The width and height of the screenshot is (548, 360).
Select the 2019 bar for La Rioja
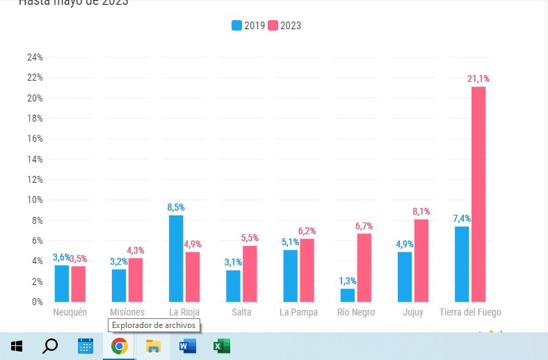click(x=176, y=259)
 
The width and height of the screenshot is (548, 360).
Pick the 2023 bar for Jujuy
click(x=420, y=261)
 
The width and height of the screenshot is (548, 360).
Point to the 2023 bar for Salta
click(x=250, y=274)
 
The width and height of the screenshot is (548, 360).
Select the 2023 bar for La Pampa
click(x=307, y=270)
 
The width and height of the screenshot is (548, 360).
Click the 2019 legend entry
click(x=248, y=26)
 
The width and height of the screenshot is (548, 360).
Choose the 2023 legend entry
click(x=284, y=26)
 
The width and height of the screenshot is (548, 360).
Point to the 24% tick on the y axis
click(x=35, y=57)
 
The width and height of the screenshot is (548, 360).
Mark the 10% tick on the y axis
click(x=35, y=200)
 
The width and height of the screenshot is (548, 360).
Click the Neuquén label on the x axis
click(x=70, y=313)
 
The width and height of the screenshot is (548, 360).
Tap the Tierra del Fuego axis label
click(x=470, y=313)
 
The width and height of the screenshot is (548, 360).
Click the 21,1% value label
click(x=478, y=79)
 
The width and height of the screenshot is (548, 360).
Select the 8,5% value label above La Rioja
click(x=176, y=207)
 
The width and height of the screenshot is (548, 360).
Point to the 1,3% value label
click(x=347, y=281)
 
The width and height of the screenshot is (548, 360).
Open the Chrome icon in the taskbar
click(x=120, y=346)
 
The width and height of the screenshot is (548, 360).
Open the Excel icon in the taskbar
click(x=221, y=346)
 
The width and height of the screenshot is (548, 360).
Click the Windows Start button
click(x=17, y=346)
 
